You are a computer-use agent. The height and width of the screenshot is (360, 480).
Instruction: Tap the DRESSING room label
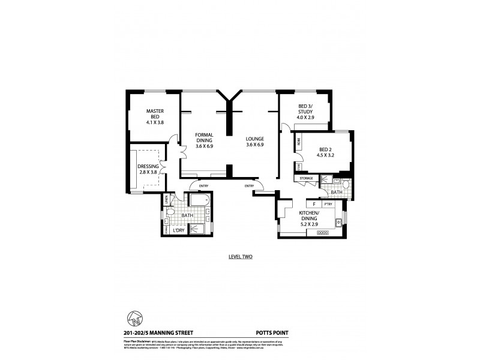[148, 169]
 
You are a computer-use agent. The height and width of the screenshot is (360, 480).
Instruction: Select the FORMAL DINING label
[205, 140]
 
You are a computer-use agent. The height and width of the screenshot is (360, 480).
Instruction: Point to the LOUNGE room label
[255, 142]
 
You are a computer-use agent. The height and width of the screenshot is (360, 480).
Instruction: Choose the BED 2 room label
[325, 152]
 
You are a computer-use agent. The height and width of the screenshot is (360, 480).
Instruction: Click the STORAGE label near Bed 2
[306, 178]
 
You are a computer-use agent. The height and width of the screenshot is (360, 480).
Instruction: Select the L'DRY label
[178, 230]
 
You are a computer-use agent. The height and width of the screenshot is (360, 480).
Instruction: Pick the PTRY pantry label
[328, 204]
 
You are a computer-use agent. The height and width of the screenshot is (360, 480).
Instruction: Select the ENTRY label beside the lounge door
[249, 186]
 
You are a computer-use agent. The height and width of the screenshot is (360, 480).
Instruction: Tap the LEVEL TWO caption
[240, 257]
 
